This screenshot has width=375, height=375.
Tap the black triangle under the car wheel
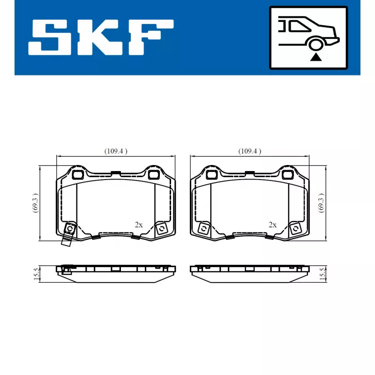pyautogui.click(x=317, y=57)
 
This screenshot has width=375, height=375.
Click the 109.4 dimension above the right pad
pyautogui.click(x=249, y=151)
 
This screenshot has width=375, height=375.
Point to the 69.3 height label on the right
pyautogui.click(x=321, y=203)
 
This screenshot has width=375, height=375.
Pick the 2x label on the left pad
pyautogui.click(x=138, y=225)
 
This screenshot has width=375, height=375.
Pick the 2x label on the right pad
pyautogui.click(x=272, y=225)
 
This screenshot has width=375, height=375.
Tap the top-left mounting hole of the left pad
pyautogui.click(x=77, y=175)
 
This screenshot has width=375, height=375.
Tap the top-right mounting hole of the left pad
pyautogui.click(x=153, y=175)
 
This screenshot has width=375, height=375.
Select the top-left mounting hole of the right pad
pyautogui.click(x=211, y=175)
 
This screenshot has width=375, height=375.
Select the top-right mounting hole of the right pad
pyautogui.click(x=287, y=175)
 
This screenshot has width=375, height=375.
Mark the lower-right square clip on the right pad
pyautogui.click(x=295, y=229)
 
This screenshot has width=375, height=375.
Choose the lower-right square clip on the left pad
pyautogui.click(x=161, y=228)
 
